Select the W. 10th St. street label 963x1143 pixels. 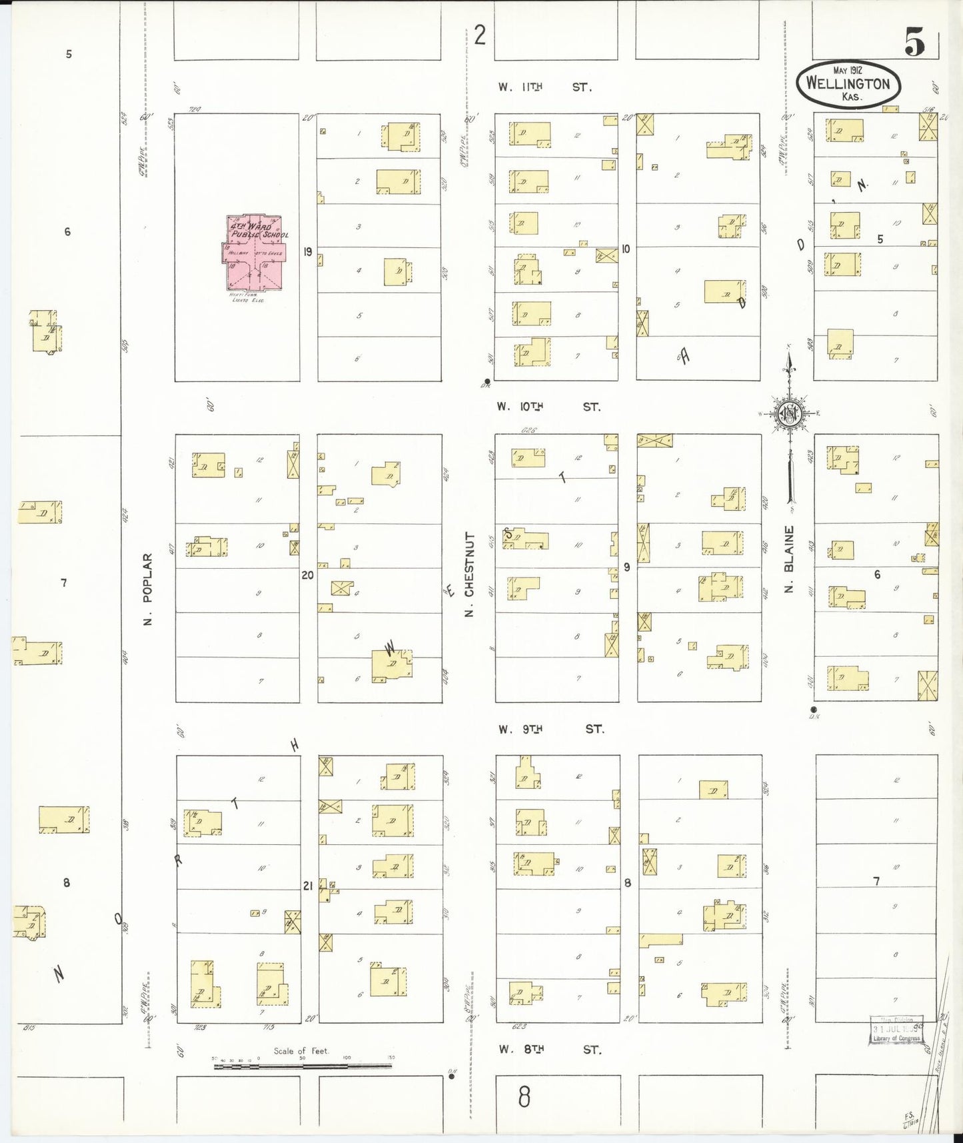(x=548, y=406)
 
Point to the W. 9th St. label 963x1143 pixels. (x=551, y=729)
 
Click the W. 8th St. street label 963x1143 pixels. (x=550, y=1049)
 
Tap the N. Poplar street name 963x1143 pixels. (x=148, y=589)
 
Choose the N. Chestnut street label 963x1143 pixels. (x=469, y=574)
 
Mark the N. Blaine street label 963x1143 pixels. (x=789, y=559)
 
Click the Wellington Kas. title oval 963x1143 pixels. (x=848, y=84)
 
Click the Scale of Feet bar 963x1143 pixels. (x=303, y=1066)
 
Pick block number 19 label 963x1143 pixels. (x=308, y=252)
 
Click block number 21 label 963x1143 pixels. (x=308, y=886)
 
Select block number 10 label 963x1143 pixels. (x=625, y=249)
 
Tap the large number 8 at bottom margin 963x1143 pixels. (x=524, y=1096)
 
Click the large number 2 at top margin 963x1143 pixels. (x=480, y=35)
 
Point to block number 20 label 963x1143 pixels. (x=307, y=575)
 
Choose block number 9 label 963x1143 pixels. (x=626, y=567)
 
